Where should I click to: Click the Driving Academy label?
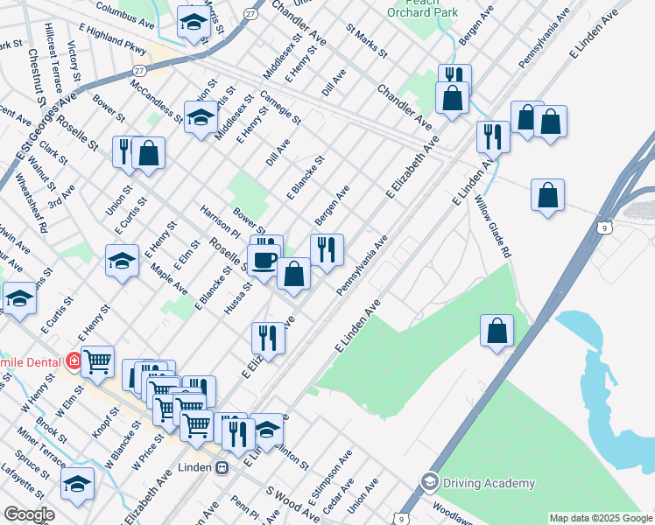pos(489,483)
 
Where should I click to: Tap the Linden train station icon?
pos(223,468)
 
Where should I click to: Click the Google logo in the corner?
pos(29,514)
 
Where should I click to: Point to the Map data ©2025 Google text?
pos(601,518)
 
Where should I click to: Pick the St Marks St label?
pos(366,41)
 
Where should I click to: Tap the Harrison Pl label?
pos(220,223)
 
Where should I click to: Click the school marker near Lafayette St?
pos(77,483)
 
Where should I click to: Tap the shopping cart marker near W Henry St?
pos(98,360)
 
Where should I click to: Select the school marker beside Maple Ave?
pos(122,259)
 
